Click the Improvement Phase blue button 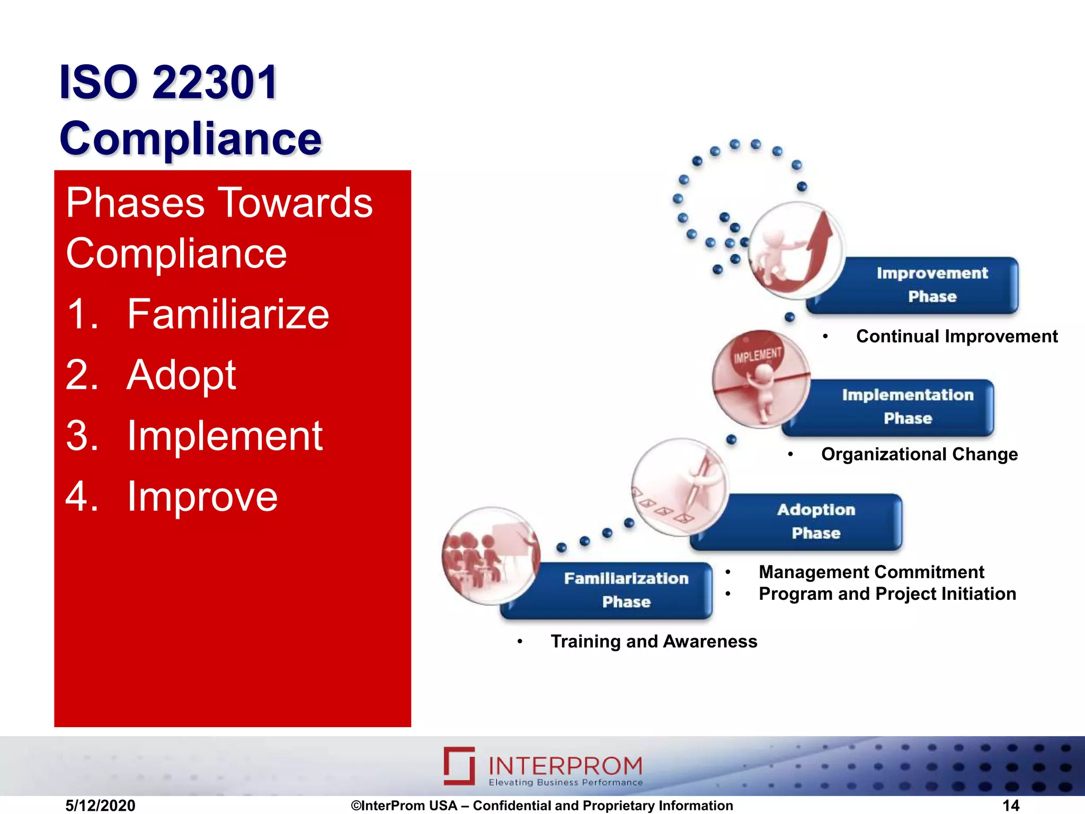coord(922,285)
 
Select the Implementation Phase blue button coord(901,407)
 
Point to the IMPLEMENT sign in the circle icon coord(758,354)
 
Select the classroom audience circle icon coord(491,555)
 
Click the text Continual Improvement coord(956,337)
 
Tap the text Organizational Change coord(919,454)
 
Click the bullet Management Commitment coord(871,572)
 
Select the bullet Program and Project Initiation coord(887,594)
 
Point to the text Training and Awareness coord(654,641)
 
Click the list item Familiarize coord(228,314)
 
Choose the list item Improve coord(202,497)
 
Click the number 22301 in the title coord(215,82)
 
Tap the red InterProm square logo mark coord(459,765)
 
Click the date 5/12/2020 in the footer coord(100,806)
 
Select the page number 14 coord(1010,806)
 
